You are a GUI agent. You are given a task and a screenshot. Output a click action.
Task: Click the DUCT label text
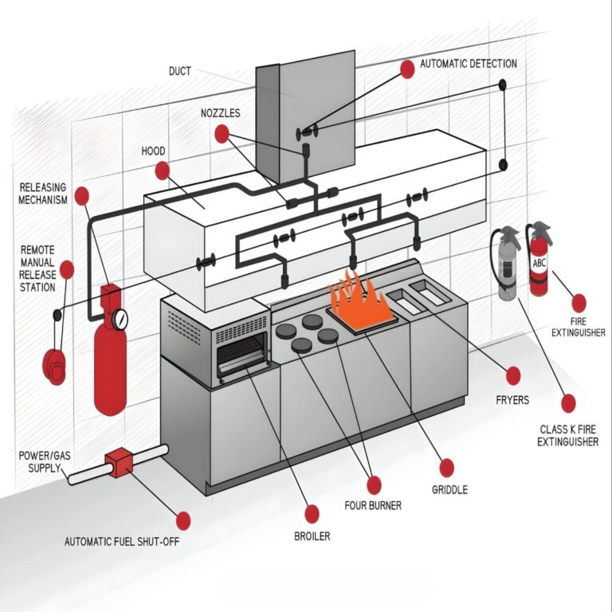[180, 71]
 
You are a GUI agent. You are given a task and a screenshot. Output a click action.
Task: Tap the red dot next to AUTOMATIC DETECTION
[407, 69]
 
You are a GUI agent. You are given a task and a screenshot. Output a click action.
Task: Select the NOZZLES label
[221, 113]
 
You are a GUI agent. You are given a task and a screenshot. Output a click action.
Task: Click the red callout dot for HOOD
[163, 170]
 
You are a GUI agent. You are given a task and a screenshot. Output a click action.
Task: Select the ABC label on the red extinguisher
[540, 264]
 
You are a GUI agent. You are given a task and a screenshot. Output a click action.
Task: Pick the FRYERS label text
[512, 400]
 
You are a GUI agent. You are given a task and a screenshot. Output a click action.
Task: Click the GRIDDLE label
[449, 489]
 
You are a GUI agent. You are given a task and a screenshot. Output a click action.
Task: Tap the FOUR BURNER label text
[373, 505]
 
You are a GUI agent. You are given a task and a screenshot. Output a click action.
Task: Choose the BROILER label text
[312, 536]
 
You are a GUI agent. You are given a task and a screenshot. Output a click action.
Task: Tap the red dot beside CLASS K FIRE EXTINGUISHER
[568, 403]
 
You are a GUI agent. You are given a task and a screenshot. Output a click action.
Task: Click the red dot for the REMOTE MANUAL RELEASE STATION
[67, 270]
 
